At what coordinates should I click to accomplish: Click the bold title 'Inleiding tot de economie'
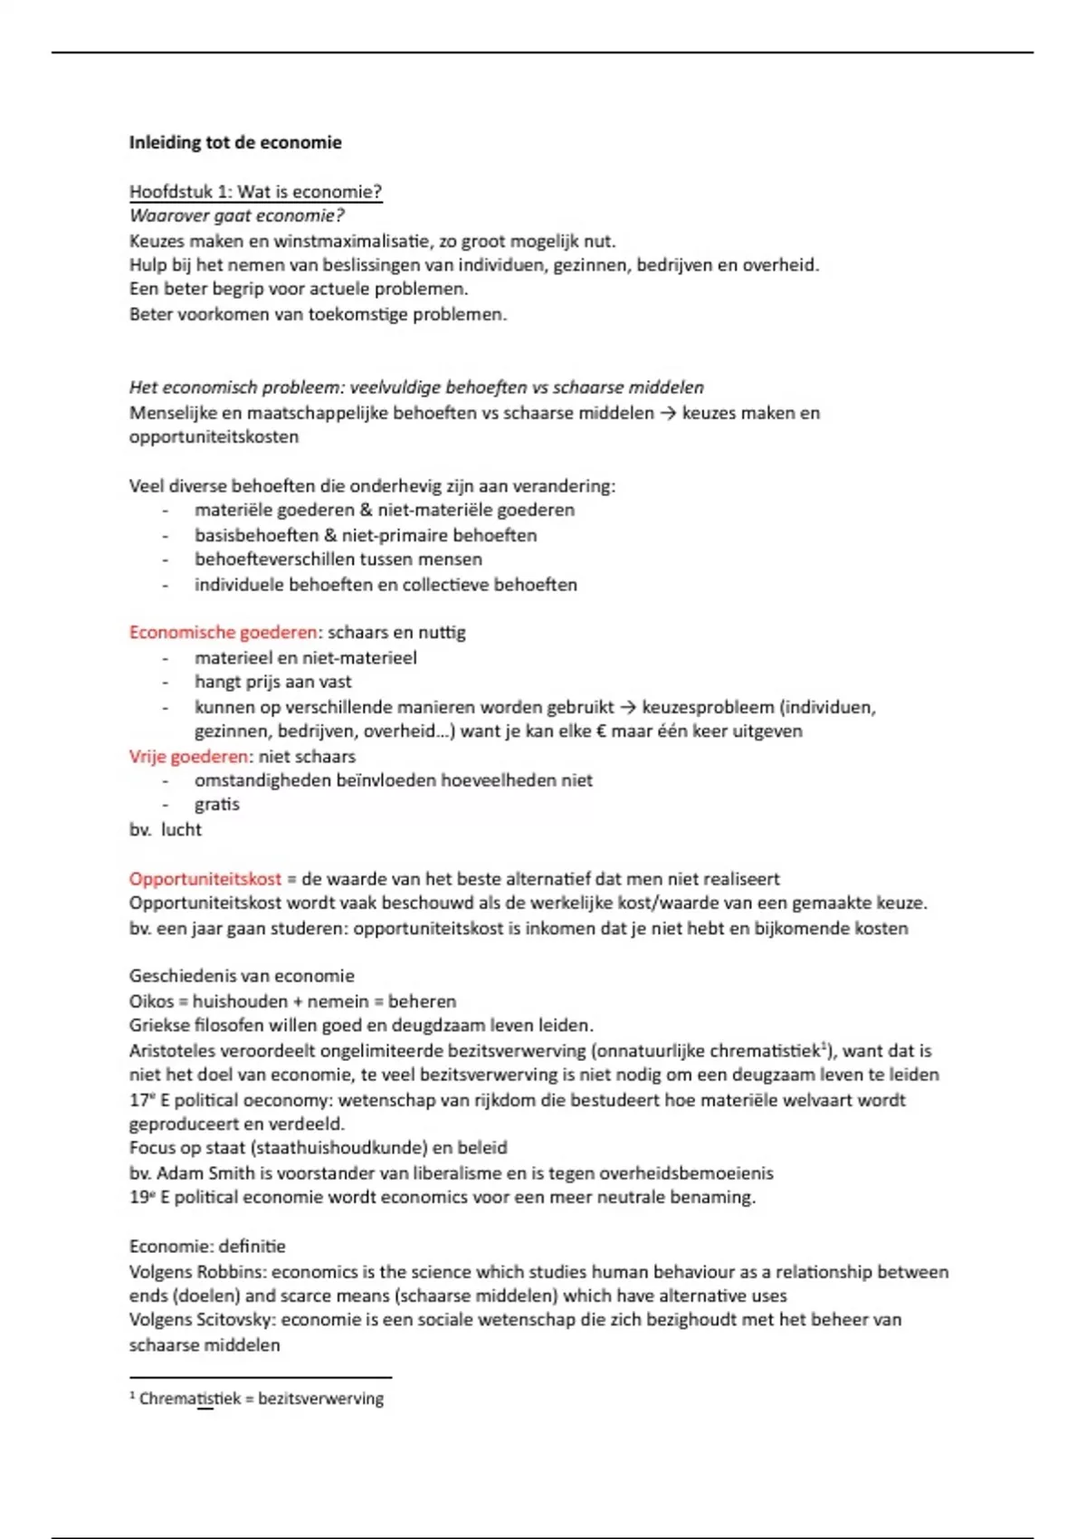coord(235,142)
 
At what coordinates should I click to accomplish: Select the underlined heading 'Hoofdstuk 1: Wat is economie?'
coord(255,192)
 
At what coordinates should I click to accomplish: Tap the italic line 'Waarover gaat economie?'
coord(236,215)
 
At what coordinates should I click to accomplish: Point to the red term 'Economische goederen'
coord(223,632)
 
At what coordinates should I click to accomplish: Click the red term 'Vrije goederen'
coord(188,756)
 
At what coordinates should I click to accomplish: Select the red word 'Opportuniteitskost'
coord(205,878)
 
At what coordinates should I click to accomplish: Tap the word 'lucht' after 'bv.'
coord(181,829)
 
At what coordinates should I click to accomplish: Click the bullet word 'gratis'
coord(217,804)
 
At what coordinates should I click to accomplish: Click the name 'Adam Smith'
coord(203,1172)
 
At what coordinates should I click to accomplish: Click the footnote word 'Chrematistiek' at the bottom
coord(190,1398)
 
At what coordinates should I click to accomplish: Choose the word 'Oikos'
coord(150,1001)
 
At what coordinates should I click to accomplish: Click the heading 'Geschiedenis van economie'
coord(242,976)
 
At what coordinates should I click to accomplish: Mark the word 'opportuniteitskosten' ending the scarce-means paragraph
coord(214,436)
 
